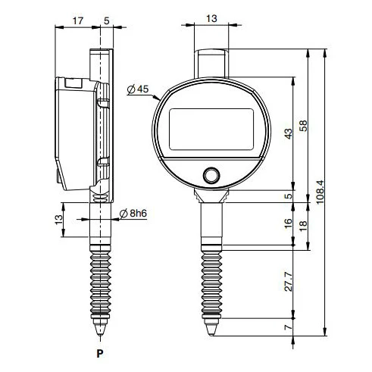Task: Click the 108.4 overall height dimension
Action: point(320,192)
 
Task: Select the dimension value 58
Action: point(303,126)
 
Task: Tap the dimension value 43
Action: point(288,133)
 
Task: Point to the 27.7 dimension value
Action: point(288,282)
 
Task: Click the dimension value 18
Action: point(303,224)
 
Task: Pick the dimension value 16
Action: point(288,224)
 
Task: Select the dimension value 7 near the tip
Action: point(288,327)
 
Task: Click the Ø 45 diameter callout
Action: point(138,89)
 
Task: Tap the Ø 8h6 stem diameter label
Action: point(133,214)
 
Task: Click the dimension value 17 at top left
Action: point(78,20)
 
